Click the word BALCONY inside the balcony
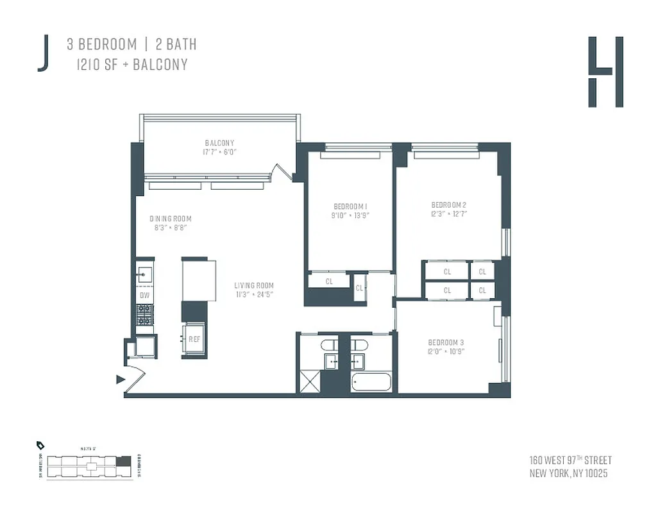(x=219, y=142)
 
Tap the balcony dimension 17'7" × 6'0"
(x=219, y=153)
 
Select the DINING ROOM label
(x=171, y=219)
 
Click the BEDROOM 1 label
(x=350, y=206)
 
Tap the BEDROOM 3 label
(x=446, y=342)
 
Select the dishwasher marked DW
(x=144, y=296)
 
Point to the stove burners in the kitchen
(x=144, y=314)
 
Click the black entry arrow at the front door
(x=120, y=380)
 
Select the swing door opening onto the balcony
(x=281, y=171)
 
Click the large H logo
(x=605, y=72)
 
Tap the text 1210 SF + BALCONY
(x=132, y=64)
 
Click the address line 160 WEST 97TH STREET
(x=570, y=460)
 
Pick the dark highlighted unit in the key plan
(x=126, y=460)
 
